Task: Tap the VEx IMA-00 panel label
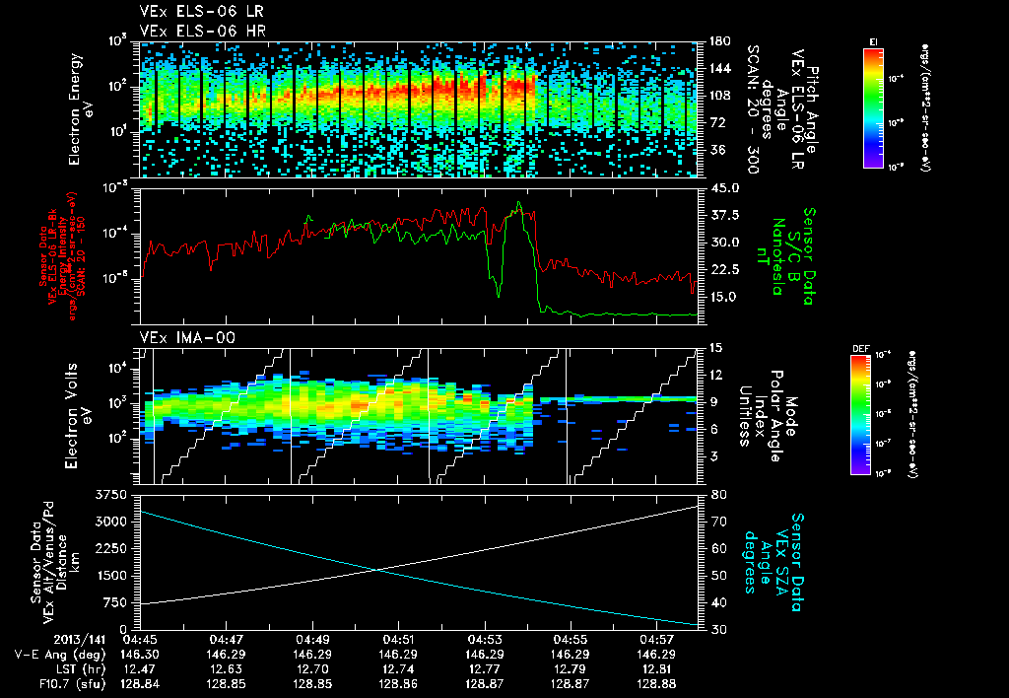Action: point(179,337)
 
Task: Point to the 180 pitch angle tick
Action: point(717,41)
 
